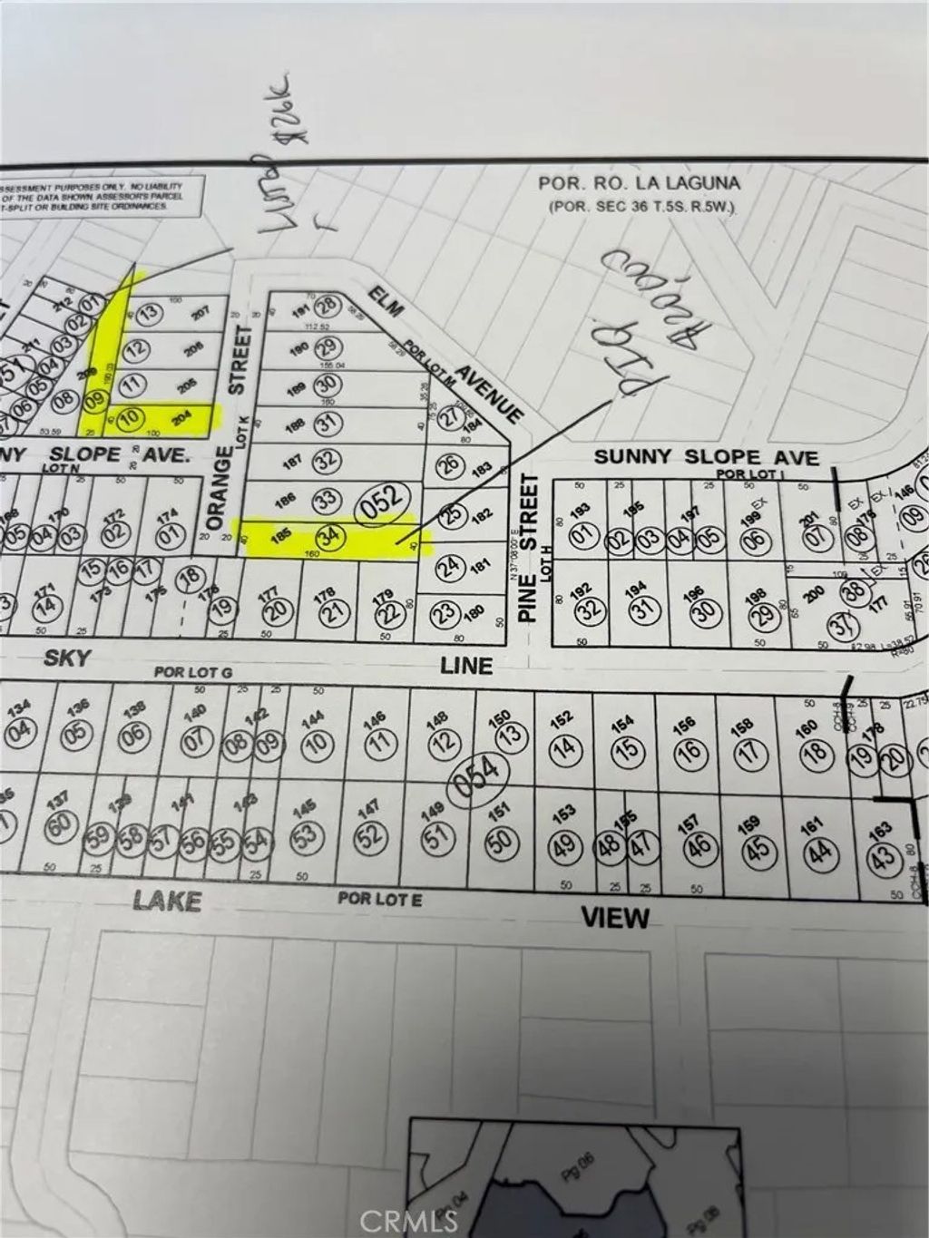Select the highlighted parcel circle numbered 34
[333, 536]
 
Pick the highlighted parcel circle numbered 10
[132, 418]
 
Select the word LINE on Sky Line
[466, 665]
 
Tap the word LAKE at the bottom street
[167, 900]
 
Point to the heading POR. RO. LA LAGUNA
[639, 183]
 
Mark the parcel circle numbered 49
[563, 845]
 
